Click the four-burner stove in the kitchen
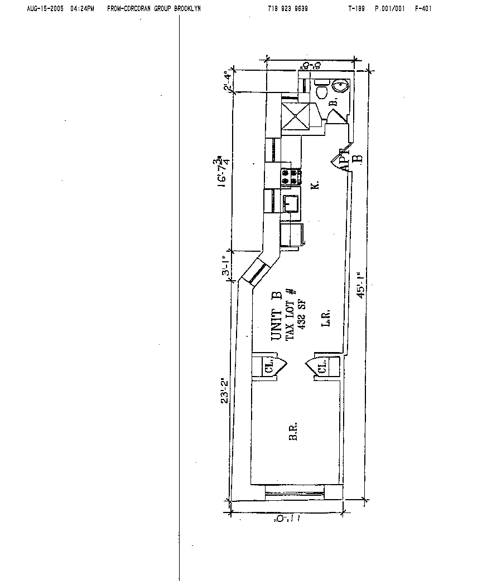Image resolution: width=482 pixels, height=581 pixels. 291,177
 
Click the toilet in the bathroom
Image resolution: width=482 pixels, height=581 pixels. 321,90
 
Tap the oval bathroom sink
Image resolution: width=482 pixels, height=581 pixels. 340,86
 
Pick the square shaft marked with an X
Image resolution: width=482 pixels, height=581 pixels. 294,116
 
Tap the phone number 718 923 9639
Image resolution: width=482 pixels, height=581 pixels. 288,9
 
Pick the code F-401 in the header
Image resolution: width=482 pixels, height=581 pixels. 423,9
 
